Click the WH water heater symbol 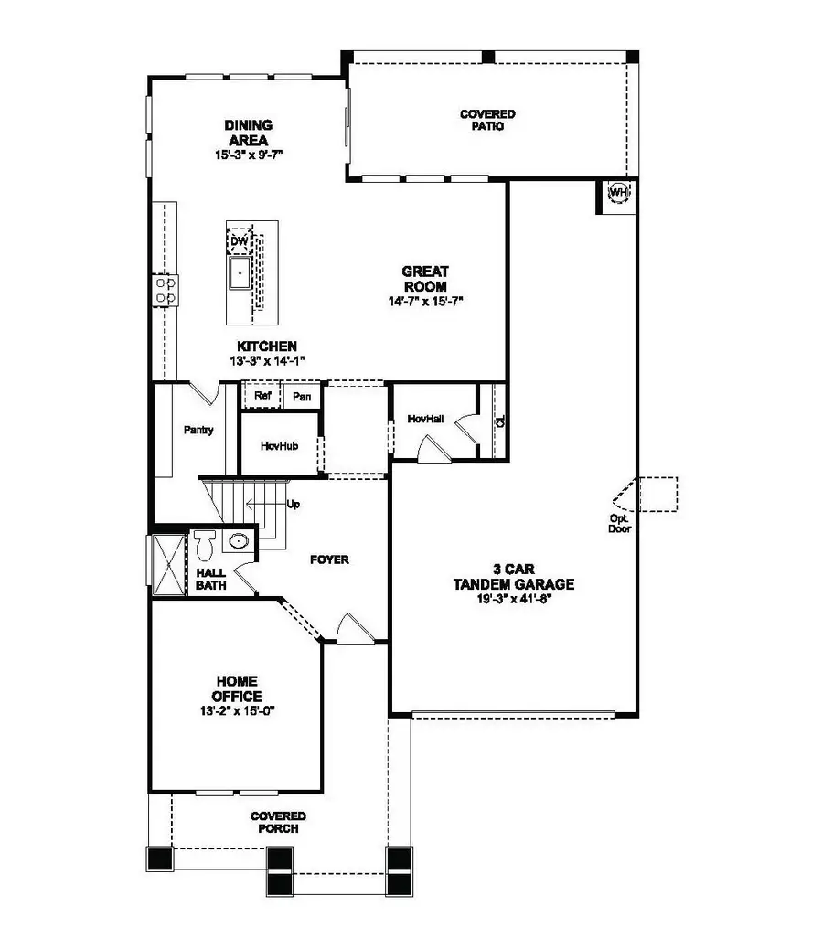pos(619,193)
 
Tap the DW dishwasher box pos(240,241)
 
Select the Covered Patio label pos(487,120)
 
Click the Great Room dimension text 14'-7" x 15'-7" pos(425,301)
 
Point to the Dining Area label pos(249,133)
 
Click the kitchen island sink pos(240,272)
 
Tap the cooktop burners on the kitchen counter pos(165,291)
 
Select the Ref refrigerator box pos(262,397)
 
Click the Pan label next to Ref pos(302,397)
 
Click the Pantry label pos(198,430)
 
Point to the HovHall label pos(425,418)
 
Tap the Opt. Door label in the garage pos(620,522)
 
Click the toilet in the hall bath pos(205,546)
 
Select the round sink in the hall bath pos(238,542)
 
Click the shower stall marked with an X pos(168,564)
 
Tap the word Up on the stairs pos(293,504)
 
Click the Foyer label pos(328,560)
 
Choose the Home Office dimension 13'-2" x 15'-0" pos(237,709)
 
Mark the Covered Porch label pos(279,822)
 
